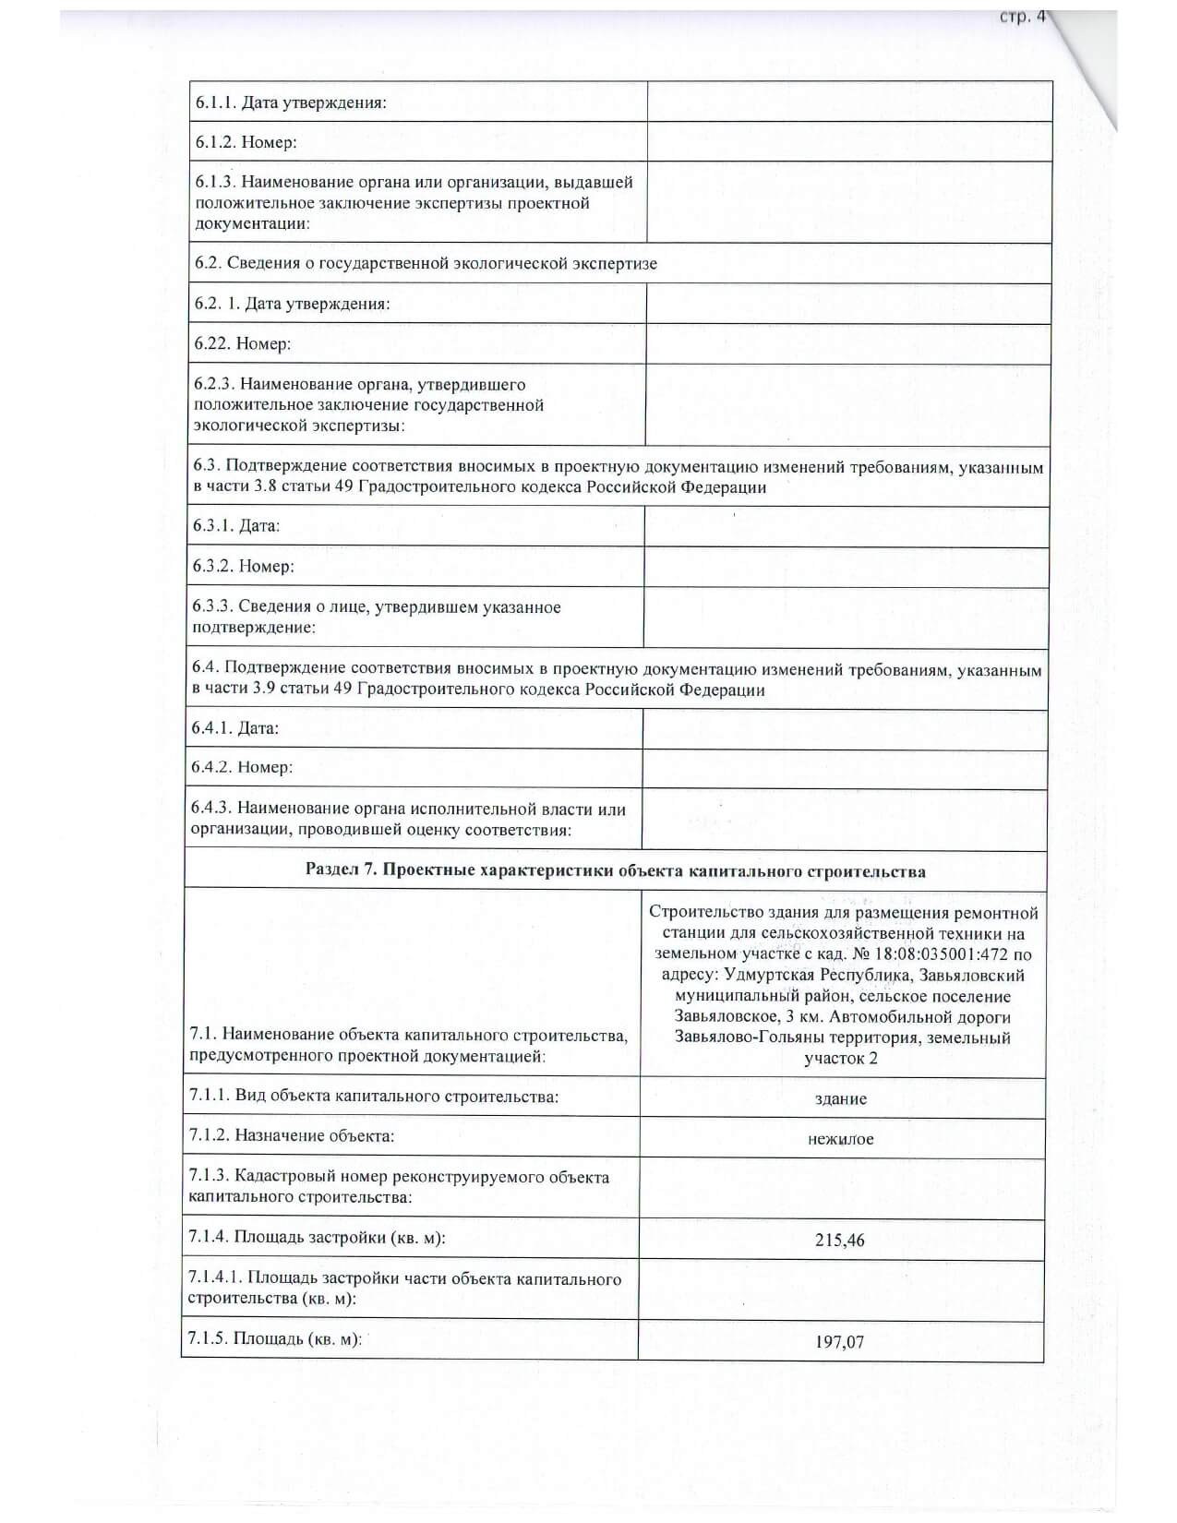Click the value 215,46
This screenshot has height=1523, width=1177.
[840, 1240]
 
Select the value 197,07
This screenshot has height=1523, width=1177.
[840, 1341]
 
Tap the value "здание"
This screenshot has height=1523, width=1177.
[841, 1099]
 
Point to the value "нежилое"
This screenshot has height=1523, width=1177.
[840, 1139]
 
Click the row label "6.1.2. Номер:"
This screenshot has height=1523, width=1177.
[246, 142]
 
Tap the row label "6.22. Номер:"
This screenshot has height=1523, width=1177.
[243, 343]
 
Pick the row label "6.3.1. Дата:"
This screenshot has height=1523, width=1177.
[236, 526]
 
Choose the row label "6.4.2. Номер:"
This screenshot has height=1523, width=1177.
[242, 767]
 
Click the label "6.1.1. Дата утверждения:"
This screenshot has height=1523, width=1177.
[291, 102]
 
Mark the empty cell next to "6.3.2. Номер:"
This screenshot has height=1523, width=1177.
[846, 567]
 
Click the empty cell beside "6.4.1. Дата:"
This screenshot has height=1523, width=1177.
[845, 729]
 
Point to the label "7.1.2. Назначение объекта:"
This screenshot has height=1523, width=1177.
[292, 1135]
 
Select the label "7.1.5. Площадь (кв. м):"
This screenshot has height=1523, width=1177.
[274, 1338]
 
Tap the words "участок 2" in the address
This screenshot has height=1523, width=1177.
[840, 1058]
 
